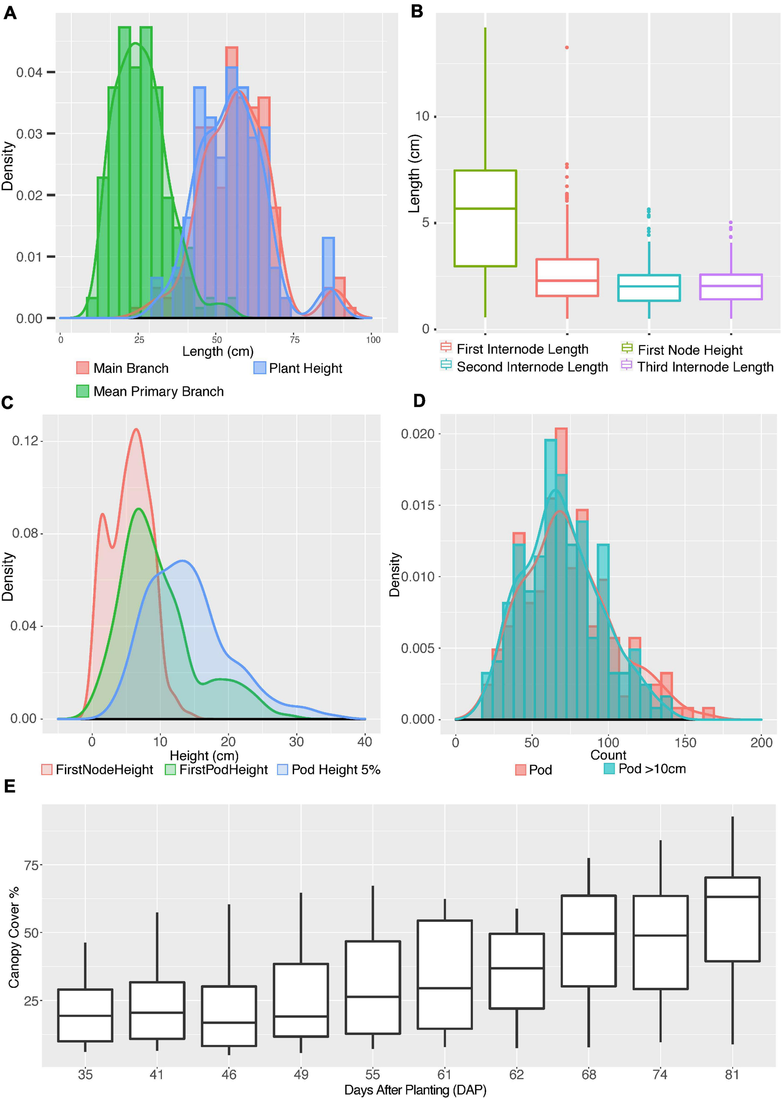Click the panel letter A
[x=10, y=13]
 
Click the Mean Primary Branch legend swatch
[x=83, y=391]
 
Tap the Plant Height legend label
[x=306, y=368]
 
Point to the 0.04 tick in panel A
[x=29, y=72]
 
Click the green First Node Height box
[x=485, y=218]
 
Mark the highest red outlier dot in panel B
[x=567, y=47]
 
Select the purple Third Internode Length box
[x=731, y=287]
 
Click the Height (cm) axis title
[x=205, y=755]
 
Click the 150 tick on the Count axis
[x=685, y=743]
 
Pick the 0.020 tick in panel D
[x=417, y=433]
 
